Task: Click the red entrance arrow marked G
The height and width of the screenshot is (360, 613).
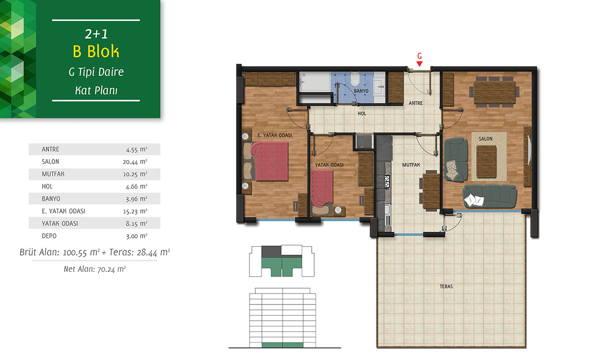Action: [x=419, y=64]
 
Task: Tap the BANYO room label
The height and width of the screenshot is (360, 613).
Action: [x=361, y=91]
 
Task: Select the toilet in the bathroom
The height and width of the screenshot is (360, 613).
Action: [x=355, y=79]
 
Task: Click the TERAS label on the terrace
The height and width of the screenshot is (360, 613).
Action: [x=446, y=286]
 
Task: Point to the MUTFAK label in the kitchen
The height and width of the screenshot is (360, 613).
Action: [x=411, y=165]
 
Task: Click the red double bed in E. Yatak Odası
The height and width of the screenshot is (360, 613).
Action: [x=269, y=161]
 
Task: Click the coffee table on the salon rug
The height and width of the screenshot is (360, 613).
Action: [x=487, y=162]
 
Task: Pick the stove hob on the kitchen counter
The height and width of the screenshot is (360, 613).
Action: [x=387, y=182]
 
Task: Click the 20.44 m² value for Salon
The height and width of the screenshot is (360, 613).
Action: [x=135, y=162]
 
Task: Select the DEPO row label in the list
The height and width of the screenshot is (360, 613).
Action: [x=49, y=236]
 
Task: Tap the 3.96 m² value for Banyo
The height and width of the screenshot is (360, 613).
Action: [x=136, y=199]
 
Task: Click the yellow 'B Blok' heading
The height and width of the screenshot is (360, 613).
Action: [x=96, y=51]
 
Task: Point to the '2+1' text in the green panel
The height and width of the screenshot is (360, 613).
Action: [x=96, y=34]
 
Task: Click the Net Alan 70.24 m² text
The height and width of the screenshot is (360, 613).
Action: [x=95, y=269]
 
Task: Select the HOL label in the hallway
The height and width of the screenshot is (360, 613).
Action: [x=362, y=113]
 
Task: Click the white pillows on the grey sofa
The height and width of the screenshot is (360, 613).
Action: [x=474, y=200]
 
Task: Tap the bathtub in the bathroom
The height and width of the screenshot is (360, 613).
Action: [x=315, y=82]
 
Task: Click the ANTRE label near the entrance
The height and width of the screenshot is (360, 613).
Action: [x=415, y=103]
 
